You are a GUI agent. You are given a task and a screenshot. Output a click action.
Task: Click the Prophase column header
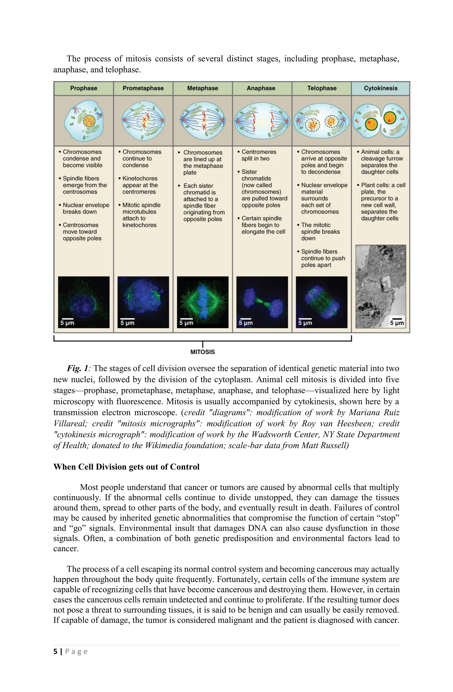[84, 88]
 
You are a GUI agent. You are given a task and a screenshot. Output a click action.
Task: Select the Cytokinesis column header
[380, 88]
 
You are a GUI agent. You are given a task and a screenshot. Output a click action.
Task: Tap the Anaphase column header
[261, 88]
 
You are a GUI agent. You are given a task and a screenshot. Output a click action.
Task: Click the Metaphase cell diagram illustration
[203, 120]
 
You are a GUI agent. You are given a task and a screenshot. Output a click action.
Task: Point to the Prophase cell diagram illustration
[84, 120]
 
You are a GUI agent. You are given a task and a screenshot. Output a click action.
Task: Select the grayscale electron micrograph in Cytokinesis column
[380, 286]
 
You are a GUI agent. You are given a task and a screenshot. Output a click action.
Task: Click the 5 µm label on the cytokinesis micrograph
[397, 323]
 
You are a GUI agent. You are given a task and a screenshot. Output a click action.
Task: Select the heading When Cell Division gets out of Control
[126, 467]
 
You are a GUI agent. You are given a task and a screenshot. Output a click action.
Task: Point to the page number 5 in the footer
[55, 652]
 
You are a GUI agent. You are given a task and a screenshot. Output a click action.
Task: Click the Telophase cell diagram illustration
[321, 120]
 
